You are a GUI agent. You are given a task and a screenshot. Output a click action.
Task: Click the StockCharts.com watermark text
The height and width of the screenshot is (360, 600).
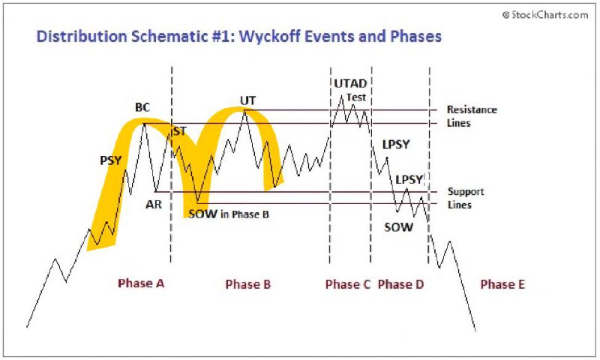[x=545, y=15]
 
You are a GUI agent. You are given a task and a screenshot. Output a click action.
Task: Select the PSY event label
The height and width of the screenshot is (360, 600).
[x=110, y=160]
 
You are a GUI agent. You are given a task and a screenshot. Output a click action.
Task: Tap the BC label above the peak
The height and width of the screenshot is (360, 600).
[x=142, y=107]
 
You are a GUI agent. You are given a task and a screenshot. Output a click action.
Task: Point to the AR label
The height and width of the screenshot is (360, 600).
[x=154, y=205]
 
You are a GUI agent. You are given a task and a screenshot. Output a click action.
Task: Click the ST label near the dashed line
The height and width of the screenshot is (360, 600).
[x=180, y=131]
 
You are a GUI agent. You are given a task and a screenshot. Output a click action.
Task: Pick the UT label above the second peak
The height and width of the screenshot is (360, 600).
[x=247, y=100]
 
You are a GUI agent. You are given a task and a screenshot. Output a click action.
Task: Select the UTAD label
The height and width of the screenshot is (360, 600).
[x=350, y=83]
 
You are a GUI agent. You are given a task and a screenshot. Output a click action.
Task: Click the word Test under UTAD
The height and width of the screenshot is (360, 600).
[x=356, y=97]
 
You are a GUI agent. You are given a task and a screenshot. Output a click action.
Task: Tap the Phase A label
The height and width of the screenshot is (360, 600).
[x=141, y=283]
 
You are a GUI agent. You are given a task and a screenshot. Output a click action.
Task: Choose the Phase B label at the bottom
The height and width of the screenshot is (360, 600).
[x=248, y=285]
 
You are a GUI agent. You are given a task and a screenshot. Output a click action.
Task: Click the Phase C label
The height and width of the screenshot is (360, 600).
[x=348, y=285]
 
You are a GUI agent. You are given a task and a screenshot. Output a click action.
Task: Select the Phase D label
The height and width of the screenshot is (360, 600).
[x=400, y=285]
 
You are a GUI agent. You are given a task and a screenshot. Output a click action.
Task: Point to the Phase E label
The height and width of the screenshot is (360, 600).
[x=502, y=285]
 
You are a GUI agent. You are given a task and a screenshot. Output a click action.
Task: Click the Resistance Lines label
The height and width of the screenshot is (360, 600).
[x=472, y=116]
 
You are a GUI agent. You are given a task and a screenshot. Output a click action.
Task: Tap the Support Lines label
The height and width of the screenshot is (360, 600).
[x=466, y=198]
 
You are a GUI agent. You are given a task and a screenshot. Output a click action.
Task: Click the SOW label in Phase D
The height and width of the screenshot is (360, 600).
[x=399, y=227]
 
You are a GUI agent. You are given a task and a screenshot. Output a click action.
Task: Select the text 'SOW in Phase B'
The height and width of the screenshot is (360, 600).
[x=229, y=214]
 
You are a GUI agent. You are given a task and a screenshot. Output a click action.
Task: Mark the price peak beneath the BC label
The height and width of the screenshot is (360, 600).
[x=144, y=124]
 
